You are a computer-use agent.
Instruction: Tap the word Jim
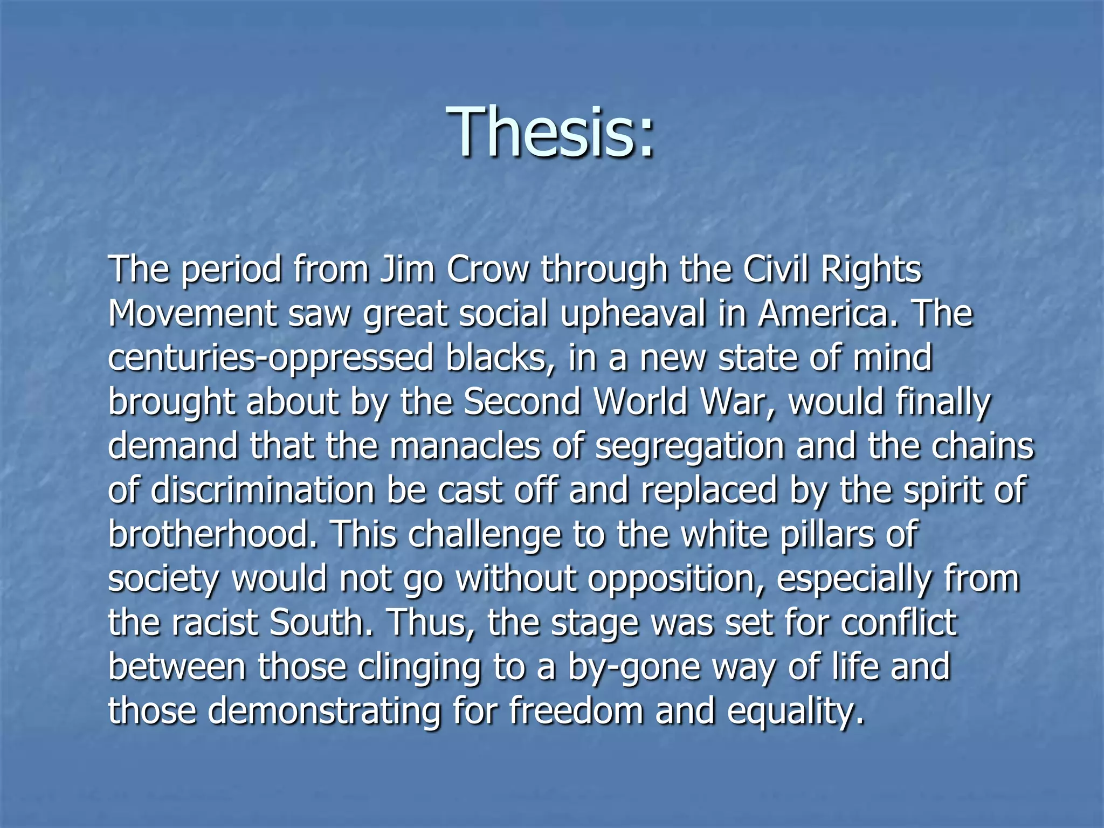tap(407, 269)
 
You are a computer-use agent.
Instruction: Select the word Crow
tap(488, 269)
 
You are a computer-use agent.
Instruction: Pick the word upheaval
tap(633, 314)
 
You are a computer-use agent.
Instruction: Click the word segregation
tap(689, 447)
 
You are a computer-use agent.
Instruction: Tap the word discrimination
tap(263, 490)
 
